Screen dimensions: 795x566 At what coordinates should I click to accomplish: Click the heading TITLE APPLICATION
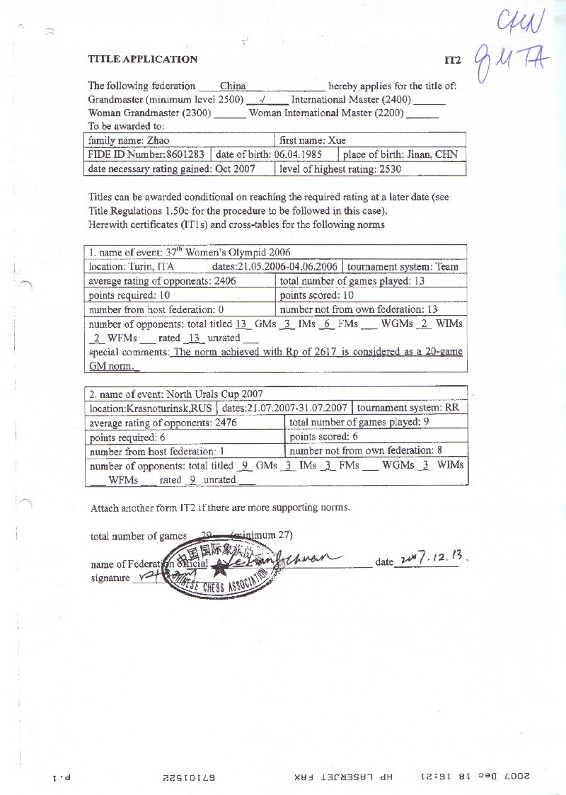pyautogui.click(x=142, y=59)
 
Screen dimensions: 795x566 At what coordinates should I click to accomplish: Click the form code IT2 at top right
pyautogui.click(x=452, y=61)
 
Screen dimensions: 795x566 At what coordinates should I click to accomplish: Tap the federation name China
pyautogui.click(x=233, y=86)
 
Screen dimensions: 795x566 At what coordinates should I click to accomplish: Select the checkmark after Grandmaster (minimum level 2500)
pyautogui.click(x=262, y=99)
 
